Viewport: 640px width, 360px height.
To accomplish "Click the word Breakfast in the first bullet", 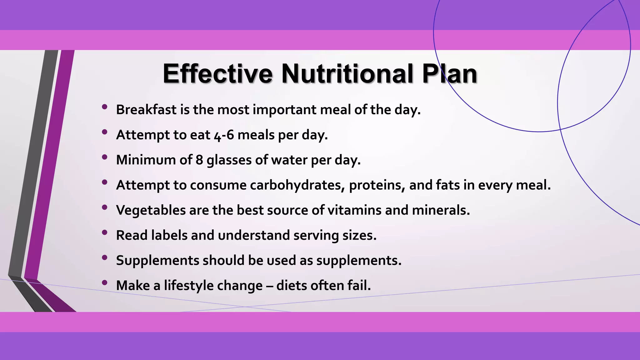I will pos(146,110).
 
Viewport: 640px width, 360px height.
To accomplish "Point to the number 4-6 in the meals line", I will pos(224,135).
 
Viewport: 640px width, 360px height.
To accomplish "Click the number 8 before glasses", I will pos(199,160).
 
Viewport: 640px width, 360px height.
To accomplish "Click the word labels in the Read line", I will pos(169,235).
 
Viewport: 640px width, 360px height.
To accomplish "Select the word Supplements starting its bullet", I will pos(157,261).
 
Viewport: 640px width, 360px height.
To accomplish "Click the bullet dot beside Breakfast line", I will pos(105,107).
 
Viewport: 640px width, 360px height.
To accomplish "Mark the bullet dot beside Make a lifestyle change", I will pos(105,282).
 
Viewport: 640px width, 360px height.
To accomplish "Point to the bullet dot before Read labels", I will pos(105,232).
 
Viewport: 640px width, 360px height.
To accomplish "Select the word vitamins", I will pos(354,210).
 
